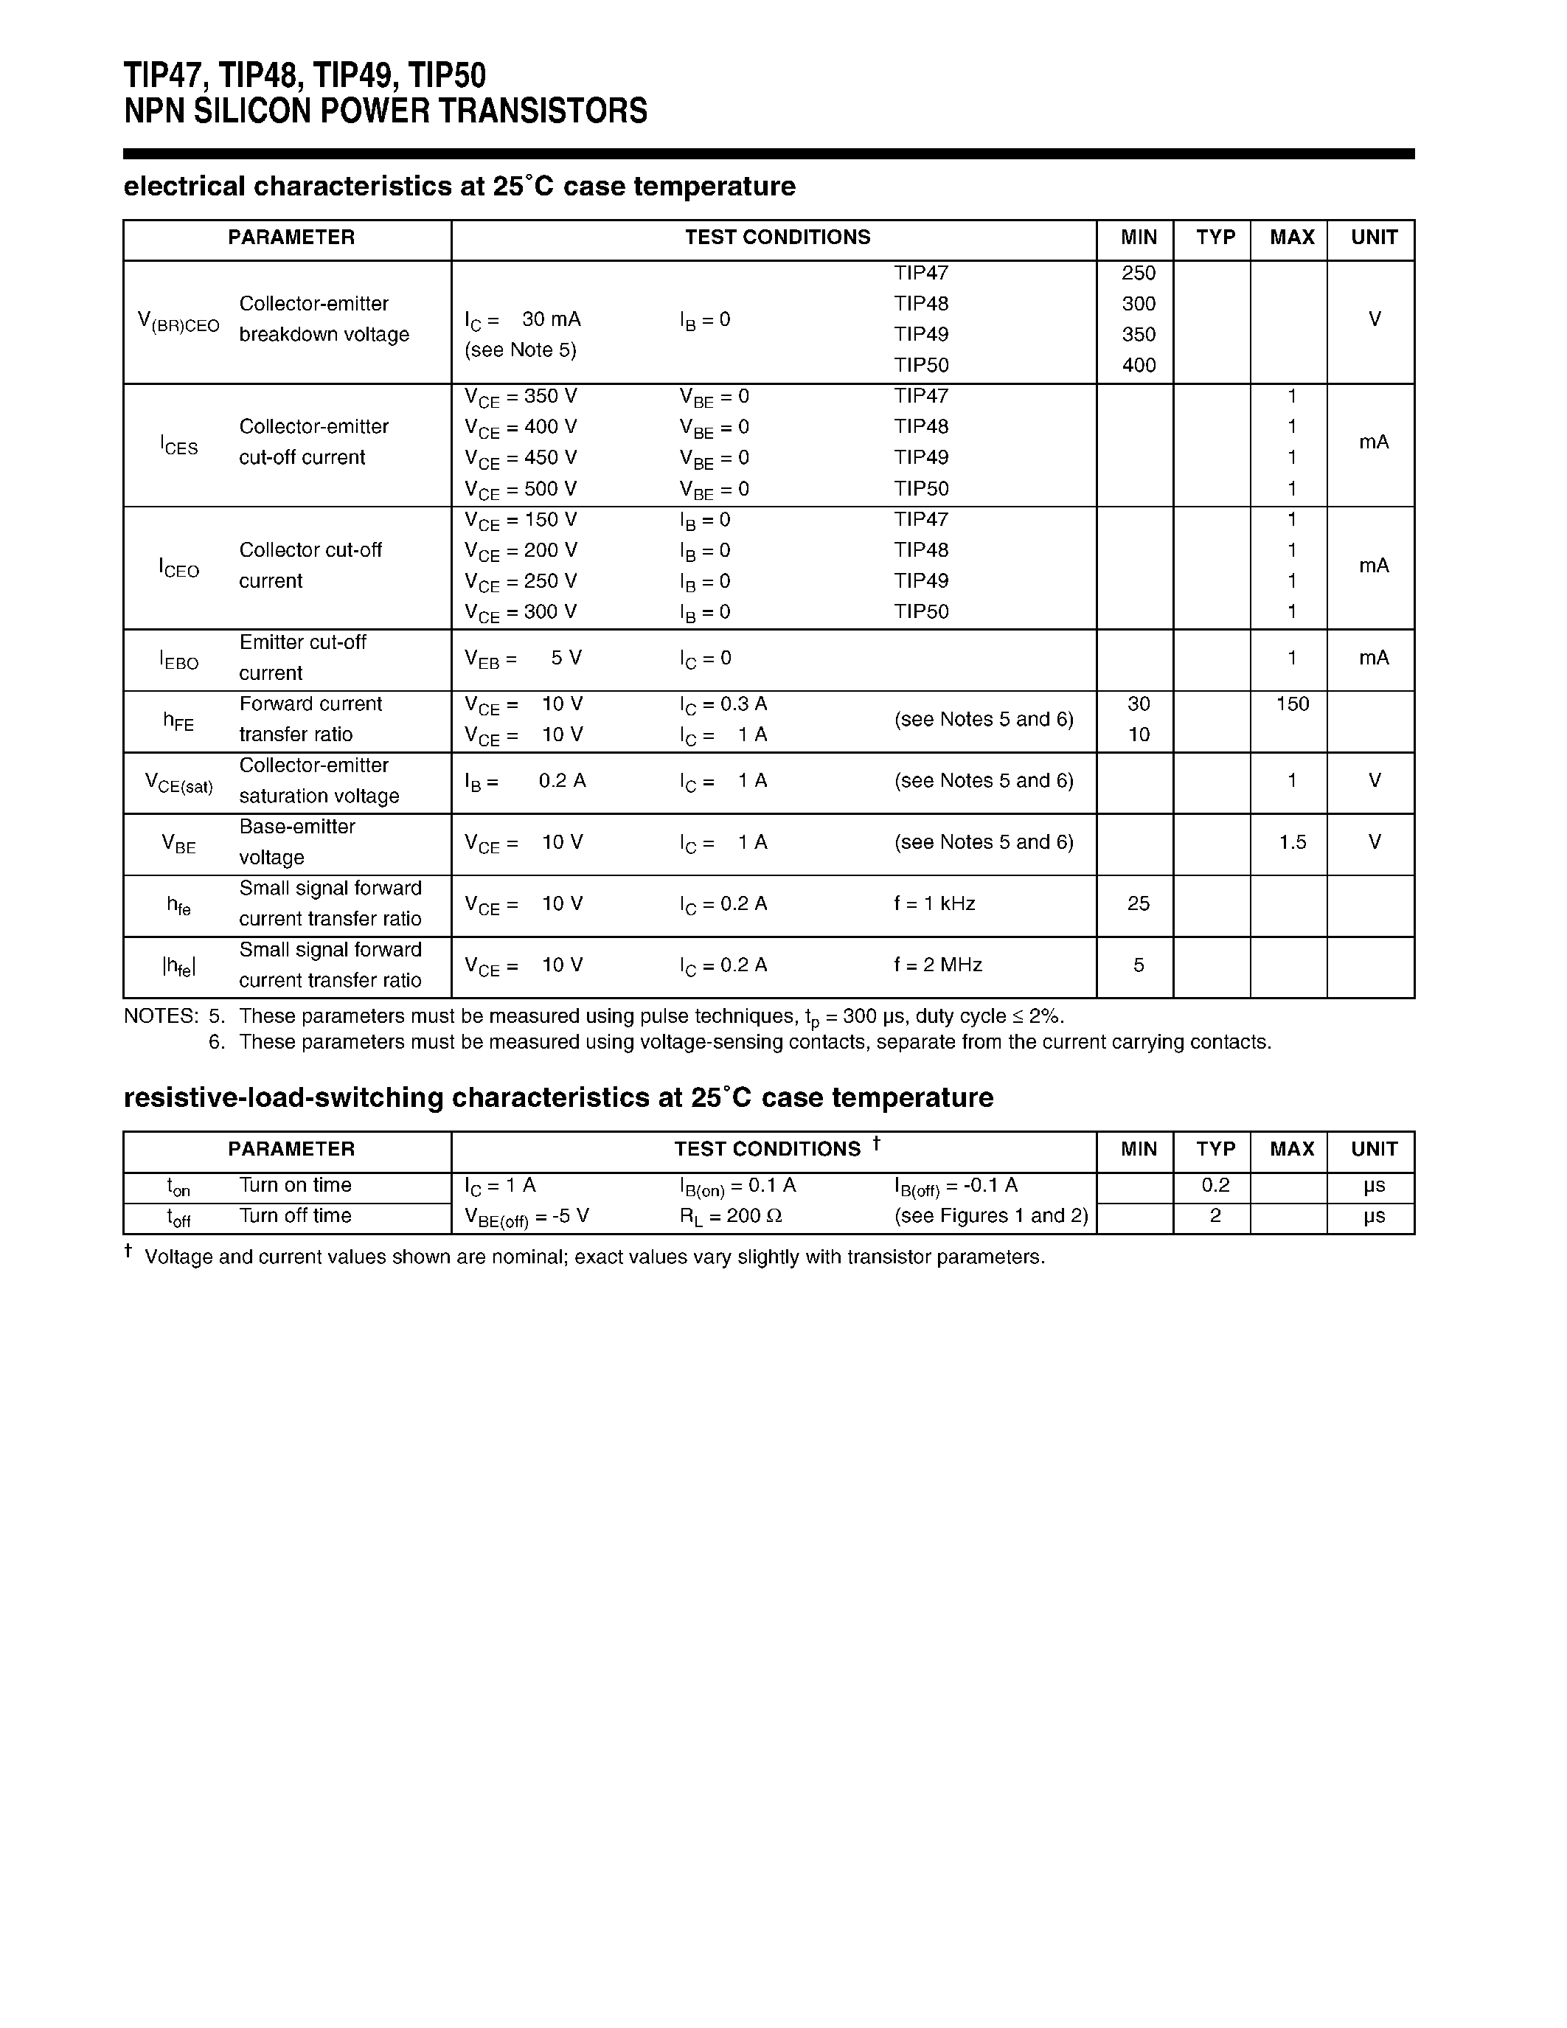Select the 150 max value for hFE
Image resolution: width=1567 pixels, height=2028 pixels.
tap(1291, 704)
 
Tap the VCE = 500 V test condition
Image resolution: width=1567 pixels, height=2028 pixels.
tap(521, 490)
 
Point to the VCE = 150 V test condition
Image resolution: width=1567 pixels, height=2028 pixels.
tap(521, 520)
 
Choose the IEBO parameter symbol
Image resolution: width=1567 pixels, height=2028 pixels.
tap(179, 660)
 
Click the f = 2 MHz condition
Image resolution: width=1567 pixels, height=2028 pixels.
tap(937, 965)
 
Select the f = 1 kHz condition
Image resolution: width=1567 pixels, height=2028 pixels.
tap(934, 903)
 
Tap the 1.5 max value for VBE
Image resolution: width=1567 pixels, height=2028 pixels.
tap(1291, 842)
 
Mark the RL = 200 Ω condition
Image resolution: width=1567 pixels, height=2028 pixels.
tap(731, 1216)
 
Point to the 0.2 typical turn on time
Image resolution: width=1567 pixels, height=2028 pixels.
tap(1215, 1185)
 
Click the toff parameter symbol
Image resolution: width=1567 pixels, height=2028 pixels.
tap(179, 1218)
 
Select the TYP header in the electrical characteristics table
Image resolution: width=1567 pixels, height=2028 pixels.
tap(1215, 237)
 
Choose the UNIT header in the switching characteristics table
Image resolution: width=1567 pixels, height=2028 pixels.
tap(1373, 1150)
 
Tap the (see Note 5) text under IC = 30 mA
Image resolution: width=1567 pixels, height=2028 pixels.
tap(520, 350)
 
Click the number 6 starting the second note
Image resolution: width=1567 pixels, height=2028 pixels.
tap(216, 1042)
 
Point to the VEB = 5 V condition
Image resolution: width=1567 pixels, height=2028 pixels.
tap(523, 659)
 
